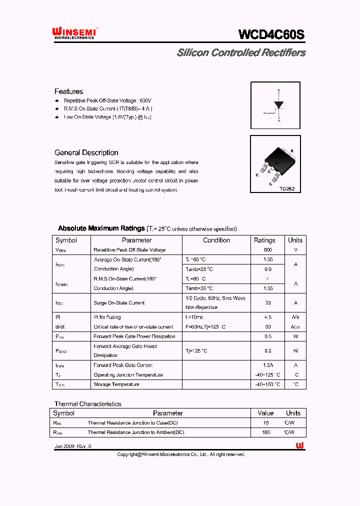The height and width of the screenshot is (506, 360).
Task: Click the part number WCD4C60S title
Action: [271, 34]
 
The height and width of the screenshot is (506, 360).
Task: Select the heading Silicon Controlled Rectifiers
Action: [241, 53]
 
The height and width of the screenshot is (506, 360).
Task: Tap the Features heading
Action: [68, 91]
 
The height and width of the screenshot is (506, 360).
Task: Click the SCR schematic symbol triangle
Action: [278, 105]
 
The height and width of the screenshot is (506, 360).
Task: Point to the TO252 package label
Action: [286, 189]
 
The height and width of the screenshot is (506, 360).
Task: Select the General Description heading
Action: [86, 152]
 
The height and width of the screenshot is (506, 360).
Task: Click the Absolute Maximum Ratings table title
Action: [101, 228]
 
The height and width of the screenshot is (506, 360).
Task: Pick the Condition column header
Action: [216, 240]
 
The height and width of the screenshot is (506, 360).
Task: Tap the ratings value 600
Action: [267, 250]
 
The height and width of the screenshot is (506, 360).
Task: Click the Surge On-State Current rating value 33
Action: [267, 303]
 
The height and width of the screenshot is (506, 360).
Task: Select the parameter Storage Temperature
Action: [116, 384]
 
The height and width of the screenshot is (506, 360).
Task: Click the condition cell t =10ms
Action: [194, 317]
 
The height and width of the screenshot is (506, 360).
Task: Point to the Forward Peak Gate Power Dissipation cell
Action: [134, 336]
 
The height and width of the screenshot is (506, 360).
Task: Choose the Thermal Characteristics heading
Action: [87, 404]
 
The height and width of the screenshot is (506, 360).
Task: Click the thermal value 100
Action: [265, 432]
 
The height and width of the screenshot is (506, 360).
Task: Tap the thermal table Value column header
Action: [265, 413]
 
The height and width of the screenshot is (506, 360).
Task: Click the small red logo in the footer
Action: [299, 446]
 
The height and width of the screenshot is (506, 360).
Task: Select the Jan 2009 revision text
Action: [72, 446]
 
